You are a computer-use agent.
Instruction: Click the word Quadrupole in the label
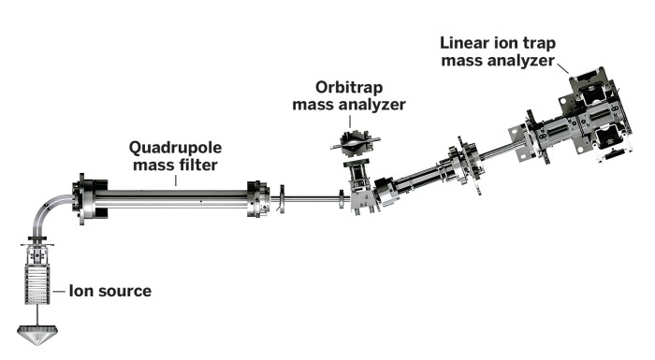tap(174, 147)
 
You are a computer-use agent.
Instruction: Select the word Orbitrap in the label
tap(348, 86)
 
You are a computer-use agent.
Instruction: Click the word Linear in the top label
tap(466, 44)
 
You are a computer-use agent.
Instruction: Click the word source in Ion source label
tap(124, 291)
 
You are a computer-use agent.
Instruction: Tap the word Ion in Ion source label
tap(83, 291)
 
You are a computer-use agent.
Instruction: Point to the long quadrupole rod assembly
tap(173, 199)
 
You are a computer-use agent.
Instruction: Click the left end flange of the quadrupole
tap(88, 198)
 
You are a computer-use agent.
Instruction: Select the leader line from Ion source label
tap(61, 291)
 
